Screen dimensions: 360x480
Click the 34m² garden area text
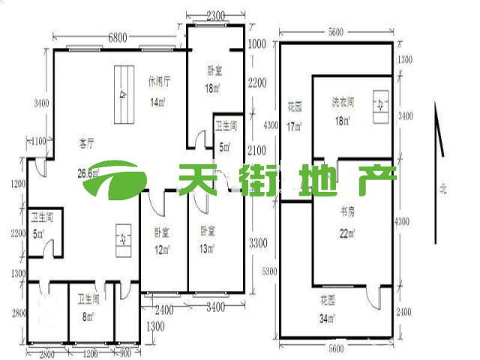pos(327,318)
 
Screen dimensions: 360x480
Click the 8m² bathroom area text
pos(88,317)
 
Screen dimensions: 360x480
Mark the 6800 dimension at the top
pos(118,36)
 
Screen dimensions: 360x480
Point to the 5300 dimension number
pos(271,271)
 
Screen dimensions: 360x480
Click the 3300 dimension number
pos(256,243)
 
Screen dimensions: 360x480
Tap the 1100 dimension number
pos(38,140)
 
